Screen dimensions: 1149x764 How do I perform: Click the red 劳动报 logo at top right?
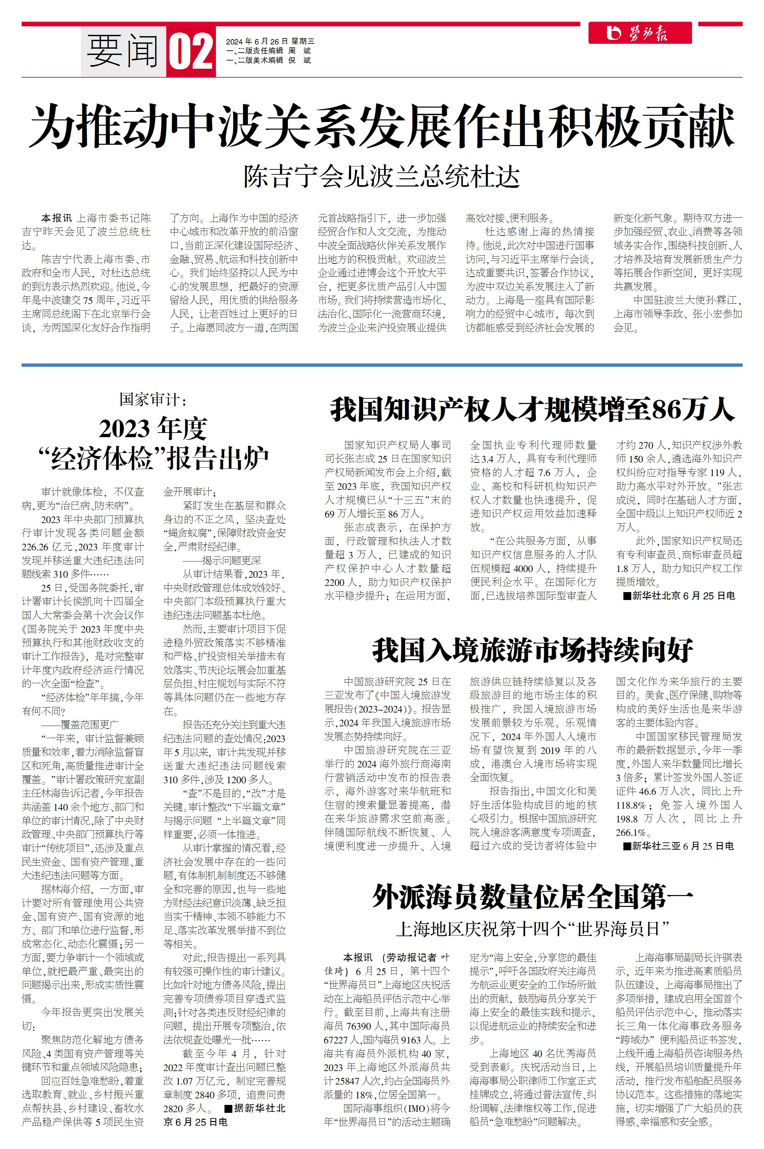640,33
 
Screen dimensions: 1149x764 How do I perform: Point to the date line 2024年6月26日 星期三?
270,41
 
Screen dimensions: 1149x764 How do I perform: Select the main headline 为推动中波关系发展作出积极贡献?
382,127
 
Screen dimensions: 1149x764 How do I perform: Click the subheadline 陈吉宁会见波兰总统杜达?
382,177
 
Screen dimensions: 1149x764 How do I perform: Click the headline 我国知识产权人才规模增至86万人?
533,410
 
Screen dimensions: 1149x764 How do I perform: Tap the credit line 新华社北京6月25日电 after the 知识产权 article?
682,595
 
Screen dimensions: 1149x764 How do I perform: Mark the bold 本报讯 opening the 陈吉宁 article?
57,218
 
